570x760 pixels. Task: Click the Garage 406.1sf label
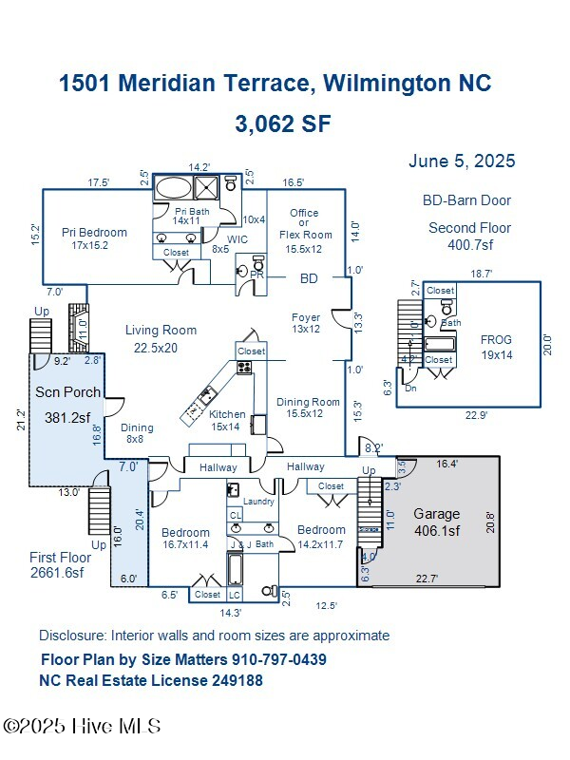(x=436, y=522)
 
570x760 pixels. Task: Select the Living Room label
(x=161, y=338)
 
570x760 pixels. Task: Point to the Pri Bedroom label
(x=94, y=238)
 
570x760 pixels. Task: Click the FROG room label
(x=496, y=347)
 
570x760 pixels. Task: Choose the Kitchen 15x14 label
(x=227, y=421)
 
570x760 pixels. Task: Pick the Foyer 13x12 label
(x=306, y=323)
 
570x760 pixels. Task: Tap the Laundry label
(x=258, y=502)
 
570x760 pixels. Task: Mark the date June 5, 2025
(x=462, y=161)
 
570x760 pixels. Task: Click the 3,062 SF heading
(x=282, y=124)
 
